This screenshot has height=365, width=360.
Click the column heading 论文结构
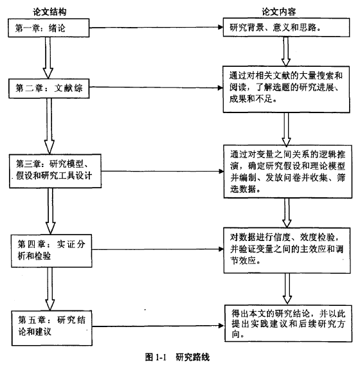[50, 12]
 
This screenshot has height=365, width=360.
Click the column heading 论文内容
[279, 12]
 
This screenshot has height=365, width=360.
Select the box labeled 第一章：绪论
[49, 28]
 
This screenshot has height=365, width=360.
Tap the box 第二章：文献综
[49, 89]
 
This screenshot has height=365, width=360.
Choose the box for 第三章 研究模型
[55, 171]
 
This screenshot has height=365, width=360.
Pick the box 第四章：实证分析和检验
[51, 251]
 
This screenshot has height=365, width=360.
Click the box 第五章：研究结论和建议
[52, 328]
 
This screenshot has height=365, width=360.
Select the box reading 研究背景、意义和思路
[286, 27]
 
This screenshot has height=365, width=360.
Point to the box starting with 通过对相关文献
[286, 89]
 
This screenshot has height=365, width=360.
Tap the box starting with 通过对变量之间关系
[288, 172]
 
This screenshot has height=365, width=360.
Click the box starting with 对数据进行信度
[287, 251]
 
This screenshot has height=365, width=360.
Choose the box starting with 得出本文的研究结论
[288, 323]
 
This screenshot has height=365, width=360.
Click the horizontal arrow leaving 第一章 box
[156, 28]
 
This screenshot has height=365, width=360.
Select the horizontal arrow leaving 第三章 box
[163, 172]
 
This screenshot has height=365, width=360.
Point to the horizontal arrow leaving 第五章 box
[158, 326]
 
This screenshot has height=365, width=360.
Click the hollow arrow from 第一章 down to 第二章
[48, 58]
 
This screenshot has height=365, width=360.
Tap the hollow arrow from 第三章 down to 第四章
[51, 211]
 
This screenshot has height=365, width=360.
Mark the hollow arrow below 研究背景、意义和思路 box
[286, 51]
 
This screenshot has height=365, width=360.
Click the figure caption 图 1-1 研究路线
[177, 357]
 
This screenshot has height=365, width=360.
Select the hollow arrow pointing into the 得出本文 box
[287, 289]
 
